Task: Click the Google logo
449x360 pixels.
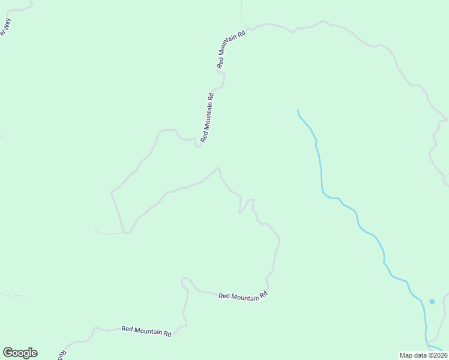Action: (x=20, y=353)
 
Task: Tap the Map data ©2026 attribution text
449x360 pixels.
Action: (x=423, y=355)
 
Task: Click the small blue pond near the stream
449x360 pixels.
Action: (x=432, y=301)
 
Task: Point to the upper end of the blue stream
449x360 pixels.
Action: (x=298, y=110)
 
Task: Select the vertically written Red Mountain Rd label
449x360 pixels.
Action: (x=207, y=117)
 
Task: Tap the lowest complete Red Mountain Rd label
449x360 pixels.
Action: (x=146, y=331)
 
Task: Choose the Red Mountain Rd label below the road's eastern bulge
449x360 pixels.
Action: (x=243, y=296)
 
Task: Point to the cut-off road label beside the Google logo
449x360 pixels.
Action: (x=61, y=354)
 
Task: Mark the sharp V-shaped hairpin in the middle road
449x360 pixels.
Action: (x=241, y=212)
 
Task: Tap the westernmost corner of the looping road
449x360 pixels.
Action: (x=112, y=193)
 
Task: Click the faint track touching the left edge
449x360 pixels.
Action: (x=12, y=295)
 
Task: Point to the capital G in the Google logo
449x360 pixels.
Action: (x=8, y=352)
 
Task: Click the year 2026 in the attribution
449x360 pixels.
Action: (x=438, y=355)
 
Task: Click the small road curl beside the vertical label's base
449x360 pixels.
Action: (x=197, y=145)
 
